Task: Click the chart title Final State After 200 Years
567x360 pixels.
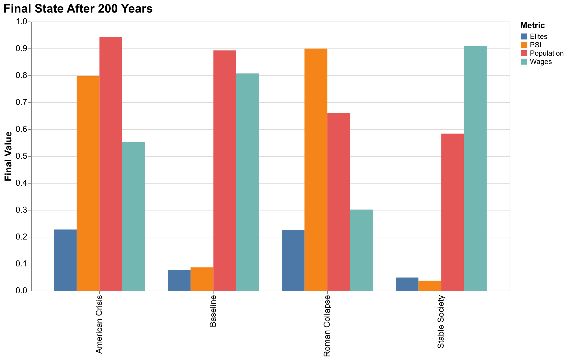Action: pyautogui.click(x=78, y=9)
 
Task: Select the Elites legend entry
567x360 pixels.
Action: pyautogui.click(x=538, y=36)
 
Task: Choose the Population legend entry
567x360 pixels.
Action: pyautogui.click(x=546, y=53)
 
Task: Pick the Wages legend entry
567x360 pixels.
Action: pyautogui.click(x=540, y=62)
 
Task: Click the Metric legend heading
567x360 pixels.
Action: pyautogui.click(x=532, y=25)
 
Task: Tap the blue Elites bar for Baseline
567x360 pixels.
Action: pyautogui.click(x=179, y=280)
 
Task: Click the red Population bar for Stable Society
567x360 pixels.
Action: pyautogui.click(x=452, y=212)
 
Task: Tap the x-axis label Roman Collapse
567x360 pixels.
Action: pyautogui.click(x=327, y=326)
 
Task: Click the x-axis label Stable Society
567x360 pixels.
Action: pyautogui.click(x=441, y=322)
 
